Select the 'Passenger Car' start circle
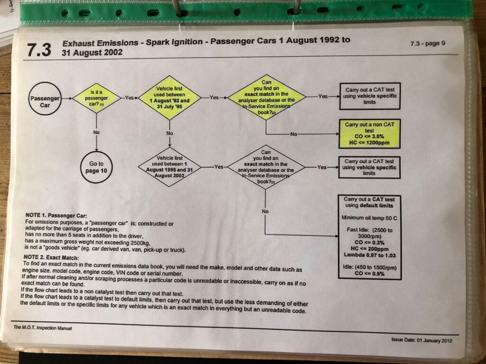pyautogui.click(x=45, y=101)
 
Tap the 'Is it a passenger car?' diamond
pyautogui.click(x=96, y=98)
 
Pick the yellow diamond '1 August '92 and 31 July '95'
pyautogui.click(x=169, y=98)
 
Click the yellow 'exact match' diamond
pyautogui.click(x=266, y=98)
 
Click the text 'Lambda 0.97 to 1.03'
pyautogui.click(x=370, y=256)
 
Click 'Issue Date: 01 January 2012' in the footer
pyautogui.click(x=421, y=340)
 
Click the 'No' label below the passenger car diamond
pyautogui.click(x=96, y=133)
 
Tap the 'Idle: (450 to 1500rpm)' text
pyautogui.click(x=370, y=268)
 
